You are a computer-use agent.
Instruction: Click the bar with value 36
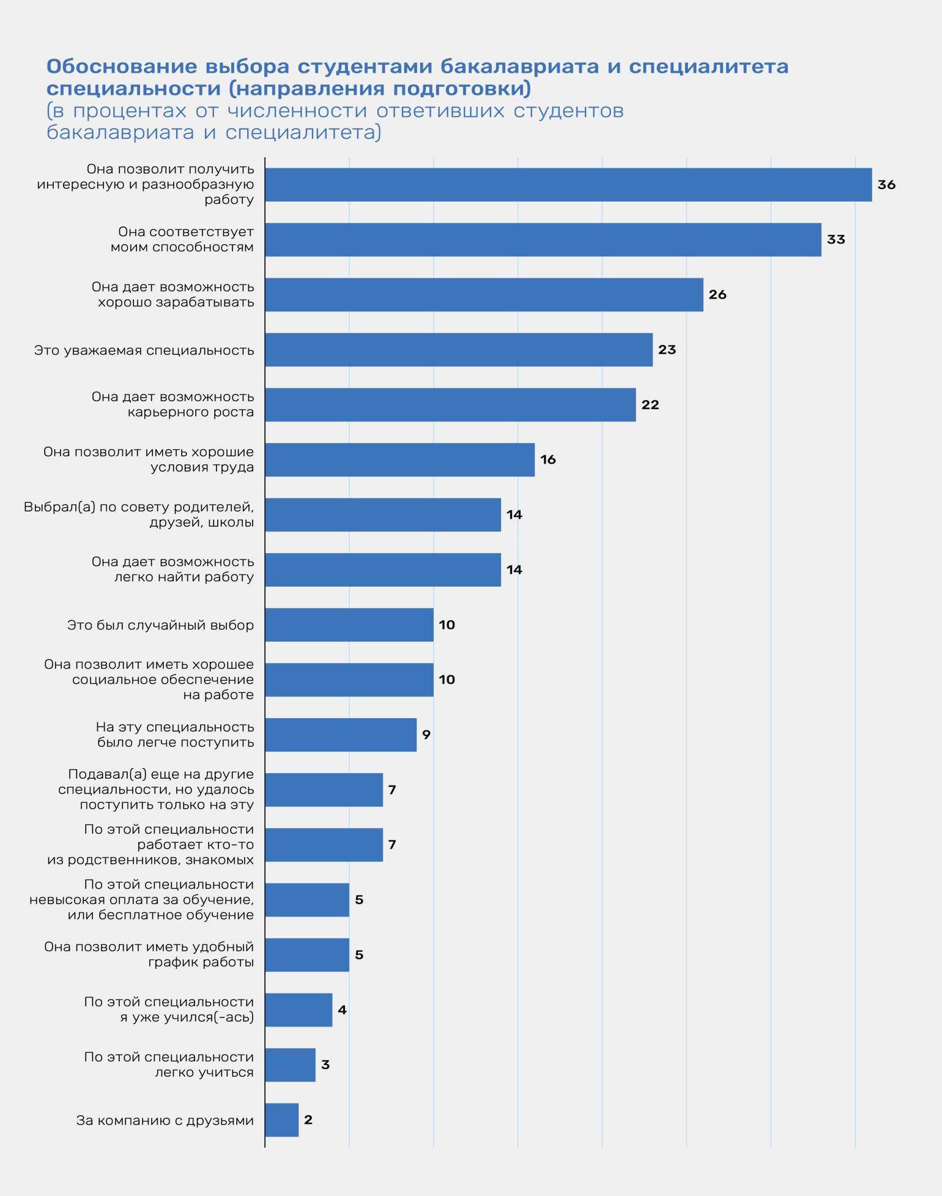[x=568, y=185]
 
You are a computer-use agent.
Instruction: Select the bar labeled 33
[x=543, y=240]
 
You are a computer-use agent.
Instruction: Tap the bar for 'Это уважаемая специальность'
[x=459, y=350]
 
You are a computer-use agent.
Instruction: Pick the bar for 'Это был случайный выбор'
[x=349, y=625]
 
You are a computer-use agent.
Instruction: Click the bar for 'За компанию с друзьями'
[x=282, y=1120]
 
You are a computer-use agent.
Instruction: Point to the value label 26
[x=718, y=295]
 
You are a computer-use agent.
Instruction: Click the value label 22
[x=650, y=405]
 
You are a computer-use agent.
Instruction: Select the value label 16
[x=548, y=460]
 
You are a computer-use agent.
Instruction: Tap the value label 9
[x=426, y=735]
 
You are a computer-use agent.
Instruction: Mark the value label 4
[x=342, y=1010]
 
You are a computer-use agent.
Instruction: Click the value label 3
[x=325, y=1065]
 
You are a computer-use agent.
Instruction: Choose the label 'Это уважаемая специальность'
[x=144, y=351]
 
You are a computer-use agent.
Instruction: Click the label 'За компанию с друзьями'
[x=165, y=1121]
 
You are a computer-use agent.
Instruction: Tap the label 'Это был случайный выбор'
[x=160, y=625]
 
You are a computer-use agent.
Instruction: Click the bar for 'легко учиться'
[x=291, y=1065]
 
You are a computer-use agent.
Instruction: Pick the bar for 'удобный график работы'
[x=307, y=955]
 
